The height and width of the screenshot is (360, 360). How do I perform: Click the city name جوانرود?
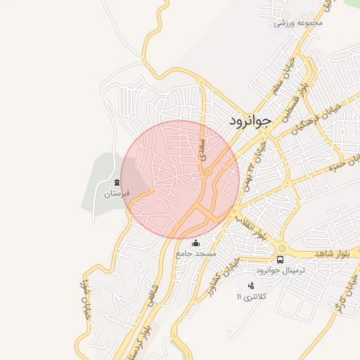point(249,121)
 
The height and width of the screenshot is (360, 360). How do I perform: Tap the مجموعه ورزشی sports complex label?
point(298,23)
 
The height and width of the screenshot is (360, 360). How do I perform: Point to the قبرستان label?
point(113,193)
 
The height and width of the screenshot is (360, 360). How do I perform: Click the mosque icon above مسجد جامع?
point(195,243)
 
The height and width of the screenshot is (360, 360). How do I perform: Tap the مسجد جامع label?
point(196,253)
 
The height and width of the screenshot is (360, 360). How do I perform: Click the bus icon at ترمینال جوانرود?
point(281,259)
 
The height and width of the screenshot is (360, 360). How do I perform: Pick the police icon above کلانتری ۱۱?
point(251,285)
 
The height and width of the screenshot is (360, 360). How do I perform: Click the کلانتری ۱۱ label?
point(252,296)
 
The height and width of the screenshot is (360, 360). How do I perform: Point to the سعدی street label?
point(204,146)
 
